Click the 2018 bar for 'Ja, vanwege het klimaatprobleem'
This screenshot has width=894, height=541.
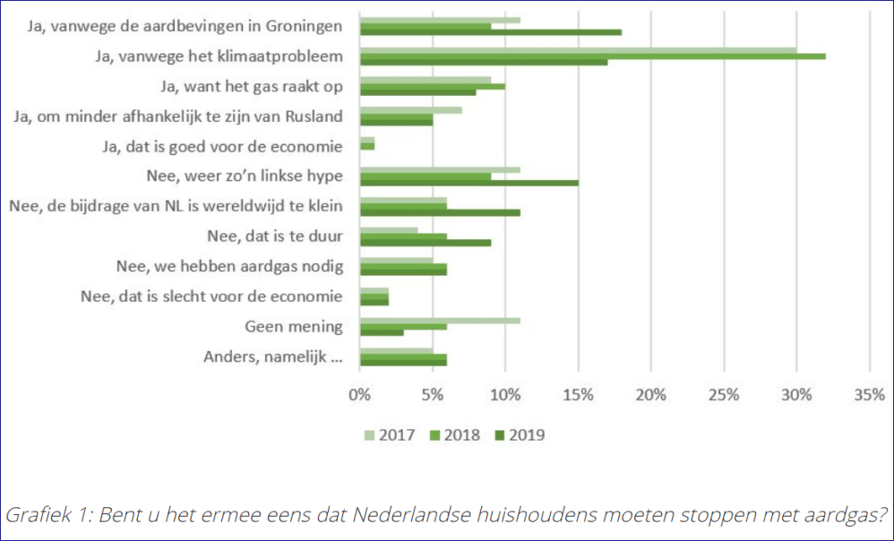point(591,56)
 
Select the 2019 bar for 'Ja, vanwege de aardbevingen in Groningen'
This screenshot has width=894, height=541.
point(490,32)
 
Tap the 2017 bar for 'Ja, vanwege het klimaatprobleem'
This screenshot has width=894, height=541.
point(578,49)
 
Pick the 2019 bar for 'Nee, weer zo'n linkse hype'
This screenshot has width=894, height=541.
point(468,183)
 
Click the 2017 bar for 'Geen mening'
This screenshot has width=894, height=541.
point(439,320)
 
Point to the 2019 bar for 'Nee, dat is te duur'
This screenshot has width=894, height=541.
point(425,242)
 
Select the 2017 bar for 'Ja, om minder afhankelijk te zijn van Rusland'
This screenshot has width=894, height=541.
point(410,110)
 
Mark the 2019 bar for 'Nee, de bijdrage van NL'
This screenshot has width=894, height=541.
point(439,212)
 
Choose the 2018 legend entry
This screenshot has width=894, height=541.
point(455,435)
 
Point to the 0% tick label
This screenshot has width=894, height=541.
point(359,395)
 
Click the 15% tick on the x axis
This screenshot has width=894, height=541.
point(578,395)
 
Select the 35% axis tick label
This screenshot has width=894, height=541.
point(869,395)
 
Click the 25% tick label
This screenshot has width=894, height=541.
point(724,395)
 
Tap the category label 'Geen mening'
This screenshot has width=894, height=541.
point(294,327)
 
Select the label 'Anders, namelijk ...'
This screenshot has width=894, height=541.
point(273,358)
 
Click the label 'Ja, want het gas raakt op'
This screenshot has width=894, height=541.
point(252,86)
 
